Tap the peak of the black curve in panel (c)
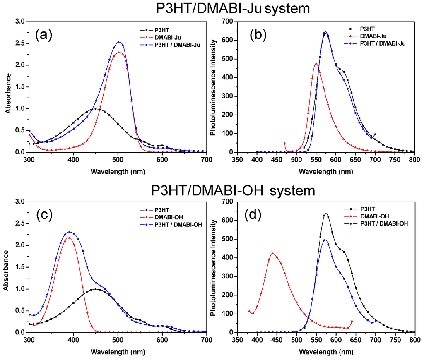click(96, 289)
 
